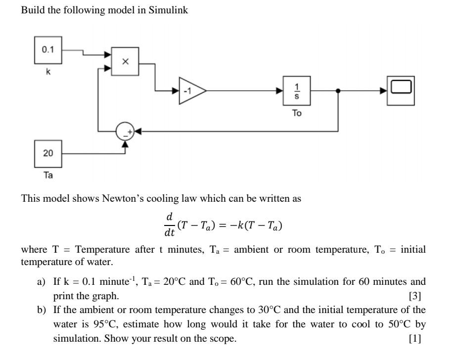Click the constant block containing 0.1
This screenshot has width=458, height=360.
(x=48, y=50)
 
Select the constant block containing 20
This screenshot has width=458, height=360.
(x=48, y=153)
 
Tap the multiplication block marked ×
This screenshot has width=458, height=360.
(x=125, y=62)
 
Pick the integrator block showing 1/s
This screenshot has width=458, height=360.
(x=297, y=90)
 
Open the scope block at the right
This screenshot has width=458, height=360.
(x=401, y=90)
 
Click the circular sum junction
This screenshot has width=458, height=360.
(x=125, y=132)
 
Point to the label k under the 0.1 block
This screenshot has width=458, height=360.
(x=48, y=72)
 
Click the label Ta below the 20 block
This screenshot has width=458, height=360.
(x=48, y=176)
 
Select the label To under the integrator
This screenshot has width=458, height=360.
(x=297, y=113)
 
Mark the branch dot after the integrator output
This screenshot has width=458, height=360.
(x=338, y=91)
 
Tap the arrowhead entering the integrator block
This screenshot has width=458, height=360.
(x=279, y=91)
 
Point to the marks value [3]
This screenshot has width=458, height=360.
(x=414, y=296)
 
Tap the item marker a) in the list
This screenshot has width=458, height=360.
(x=42, y=282)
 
